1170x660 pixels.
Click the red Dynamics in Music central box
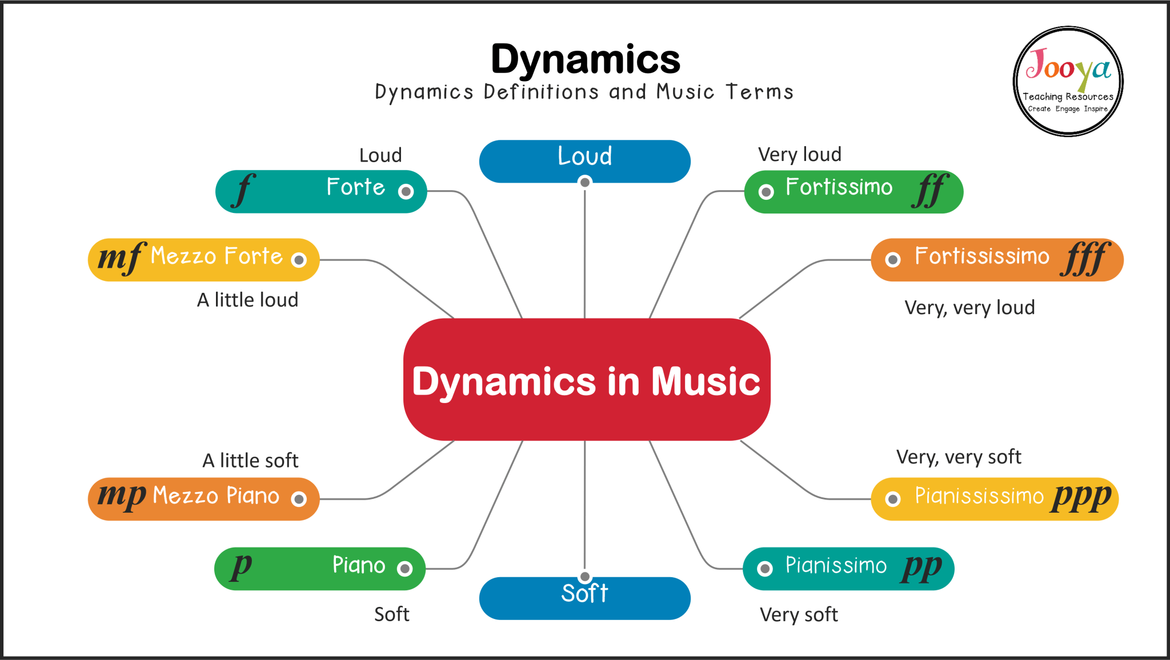point(587,380)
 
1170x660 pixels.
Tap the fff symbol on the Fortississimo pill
point(1085,259)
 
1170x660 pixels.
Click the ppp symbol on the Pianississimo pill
point(1081,497)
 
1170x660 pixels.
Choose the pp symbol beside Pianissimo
point(921,567)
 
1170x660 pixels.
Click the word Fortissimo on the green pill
point(839,187)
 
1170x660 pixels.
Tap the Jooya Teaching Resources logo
point(1068,81)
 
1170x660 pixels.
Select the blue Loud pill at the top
point(584,161)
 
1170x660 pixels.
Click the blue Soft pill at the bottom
point(584,598)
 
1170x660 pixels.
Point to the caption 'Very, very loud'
point(969,308)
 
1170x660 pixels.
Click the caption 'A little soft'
point(250,460)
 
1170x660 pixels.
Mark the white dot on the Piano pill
point(405,569)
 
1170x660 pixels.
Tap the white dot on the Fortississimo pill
point(892,260)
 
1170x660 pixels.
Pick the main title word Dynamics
point(586,59)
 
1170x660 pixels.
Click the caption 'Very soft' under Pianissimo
point(799,614)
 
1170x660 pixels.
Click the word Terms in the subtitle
point(759,92)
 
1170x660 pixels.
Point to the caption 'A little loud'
point(247,300)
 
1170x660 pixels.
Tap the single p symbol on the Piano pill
point(242,566)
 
